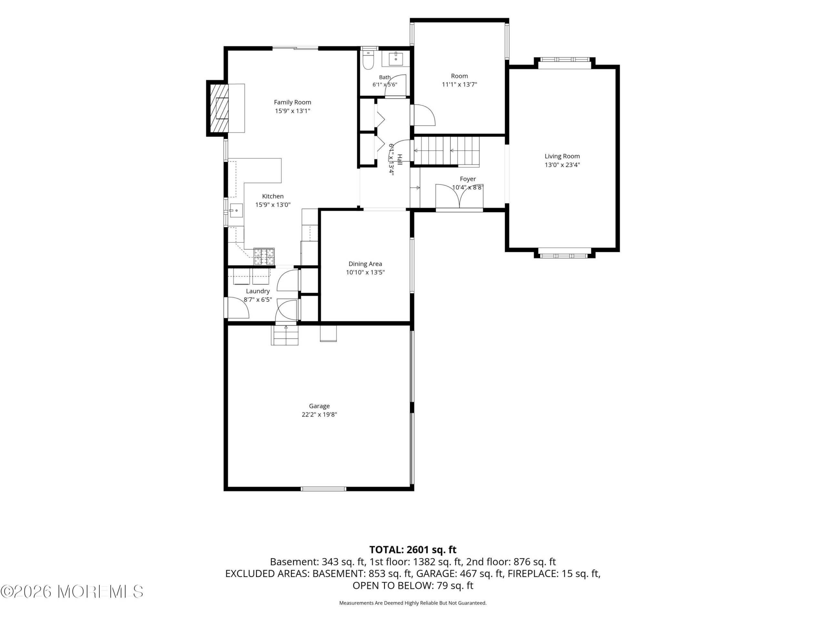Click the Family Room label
tap(292, 102)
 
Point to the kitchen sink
tap(236, 211)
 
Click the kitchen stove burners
tap(264, 257)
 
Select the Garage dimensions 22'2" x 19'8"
tap(319, 414)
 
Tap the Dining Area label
tap(365, 264)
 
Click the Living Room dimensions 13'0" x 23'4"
tap(562, 165)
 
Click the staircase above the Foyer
tap(446, 151)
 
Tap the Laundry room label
tap(258, 291)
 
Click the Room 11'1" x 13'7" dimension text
tap(459, 85)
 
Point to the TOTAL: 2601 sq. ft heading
tap(413, 550)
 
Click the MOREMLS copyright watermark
tap(72, 592)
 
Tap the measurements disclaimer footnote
tap(413, 603)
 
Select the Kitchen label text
tap(273, 196)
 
